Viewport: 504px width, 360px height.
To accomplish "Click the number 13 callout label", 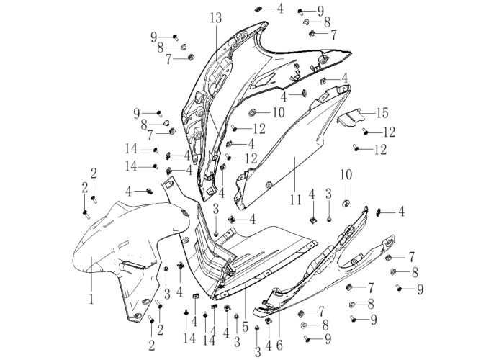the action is pos(216,18).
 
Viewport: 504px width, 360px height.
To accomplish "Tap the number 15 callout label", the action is pos(382,113).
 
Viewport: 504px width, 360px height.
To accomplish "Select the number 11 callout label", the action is pos(296,200).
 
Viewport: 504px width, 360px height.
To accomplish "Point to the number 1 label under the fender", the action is pos(91,299).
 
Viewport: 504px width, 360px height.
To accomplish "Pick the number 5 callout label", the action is pos(246,328).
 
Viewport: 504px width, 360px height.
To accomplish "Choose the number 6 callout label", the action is pos(279,345).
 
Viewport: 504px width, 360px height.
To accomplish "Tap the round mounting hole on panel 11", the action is pos(269,184).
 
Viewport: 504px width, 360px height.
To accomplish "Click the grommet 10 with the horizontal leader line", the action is pos(252,112).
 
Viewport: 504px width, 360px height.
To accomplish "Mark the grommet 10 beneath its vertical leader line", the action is pos(346,203).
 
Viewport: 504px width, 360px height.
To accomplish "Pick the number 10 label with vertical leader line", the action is pos(346,174).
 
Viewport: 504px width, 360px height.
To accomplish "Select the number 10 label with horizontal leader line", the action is pos(279,112).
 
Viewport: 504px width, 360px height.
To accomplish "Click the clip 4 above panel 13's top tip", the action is pos(258,9).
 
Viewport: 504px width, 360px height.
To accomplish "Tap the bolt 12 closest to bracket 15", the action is pos(365,131).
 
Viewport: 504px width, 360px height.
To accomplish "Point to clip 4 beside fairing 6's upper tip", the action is pos(378,212).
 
